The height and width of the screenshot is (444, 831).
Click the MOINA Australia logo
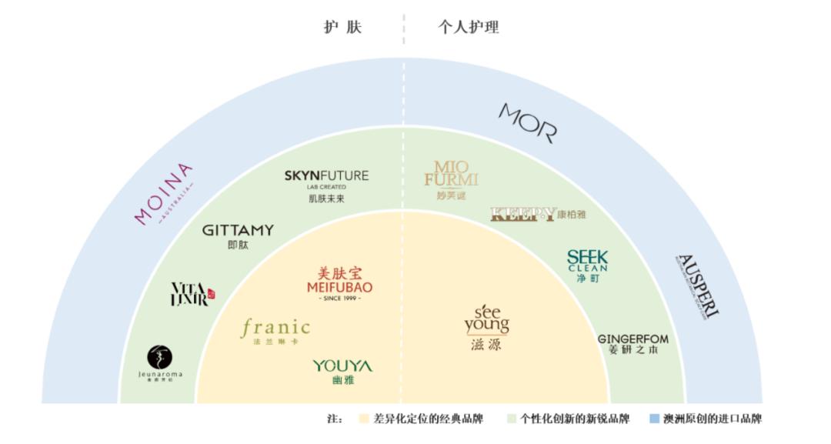pos(164,194)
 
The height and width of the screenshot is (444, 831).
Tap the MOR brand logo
pos(528,123)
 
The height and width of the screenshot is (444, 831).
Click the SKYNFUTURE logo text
pos(326,176)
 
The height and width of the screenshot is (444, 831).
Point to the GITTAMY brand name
pos(238,230)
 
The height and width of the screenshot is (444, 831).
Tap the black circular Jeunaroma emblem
pos(160,357)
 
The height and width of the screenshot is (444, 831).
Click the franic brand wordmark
pos(275,329)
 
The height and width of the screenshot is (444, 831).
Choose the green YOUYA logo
pos(342,366)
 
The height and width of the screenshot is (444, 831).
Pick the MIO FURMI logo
pos(451,175)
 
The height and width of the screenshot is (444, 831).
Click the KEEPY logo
pos(522,214)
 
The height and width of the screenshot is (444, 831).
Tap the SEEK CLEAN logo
pos(587,262)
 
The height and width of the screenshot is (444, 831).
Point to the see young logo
pos(486,321)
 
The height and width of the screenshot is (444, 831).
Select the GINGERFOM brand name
pos(633,339)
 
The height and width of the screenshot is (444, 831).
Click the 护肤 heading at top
pos(342,27)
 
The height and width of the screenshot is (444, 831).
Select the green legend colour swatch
pos(512,419)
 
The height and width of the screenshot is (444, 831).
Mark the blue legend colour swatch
pos(654,419)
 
